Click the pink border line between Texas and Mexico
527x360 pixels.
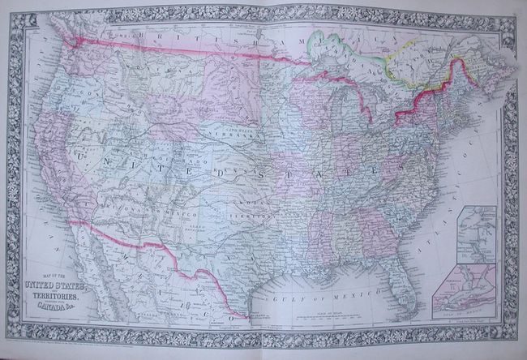(211, 280)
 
